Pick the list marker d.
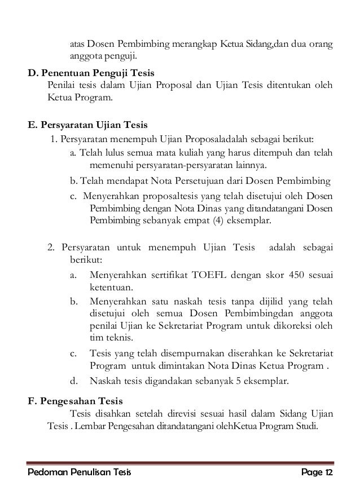pyautogui.click(x=73, y=381)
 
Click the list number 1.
pyautogui.click(x=53, y=139)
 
